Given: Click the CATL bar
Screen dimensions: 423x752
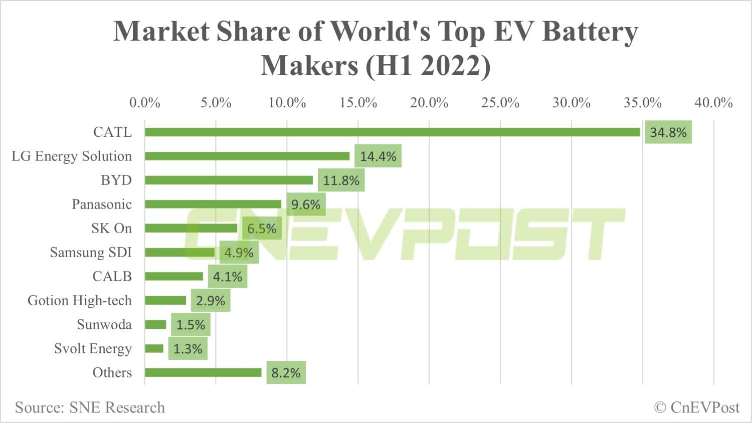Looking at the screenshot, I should (x=392, y=132).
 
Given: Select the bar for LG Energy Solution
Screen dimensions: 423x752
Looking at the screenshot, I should (x=247, y=156).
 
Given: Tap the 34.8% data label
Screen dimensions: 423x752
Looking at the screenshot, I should (x=668, y=132).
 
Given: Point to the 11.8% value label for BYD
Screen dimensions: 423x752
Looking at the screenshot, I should (x=341, y=180).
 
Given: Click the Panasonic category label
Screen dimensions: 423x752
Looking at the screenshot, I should (x=101, y=204).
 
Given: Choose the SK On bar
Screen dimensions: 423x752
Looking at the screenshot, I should (x=191, y=229).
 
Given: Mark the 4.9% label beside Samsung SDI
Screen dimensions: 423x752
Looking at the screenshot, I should (x=239, y=253).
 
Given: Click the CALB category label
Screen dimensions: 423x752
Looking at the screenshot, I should (x=112, y=277).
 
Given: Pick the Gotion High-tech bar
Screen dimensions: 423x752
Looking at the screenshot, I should (x=165, y=301).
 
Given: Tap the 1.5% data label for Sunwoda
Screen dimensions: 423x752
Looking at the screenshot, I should (x=191, y=325).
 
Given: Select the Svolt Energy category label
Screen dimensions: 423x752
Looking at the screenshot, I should (x=93, y=349).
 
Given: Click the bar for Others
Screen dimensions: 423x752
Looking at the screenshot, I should (x=203, y=373).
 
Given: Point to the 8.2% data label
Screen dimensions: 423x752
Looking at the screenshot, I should (x=286, y=373).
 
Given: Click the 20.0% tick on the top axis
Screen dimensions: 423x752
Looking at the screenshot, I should (x=429, y=103).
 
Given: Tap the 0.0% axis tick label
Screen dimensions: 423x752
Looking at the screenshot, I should (x=144, y=103).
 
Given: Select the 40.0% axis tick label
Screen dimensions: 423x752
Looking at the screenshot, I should (x=713, y=103).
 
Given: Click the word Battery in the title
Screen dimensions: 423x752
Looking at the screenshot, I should (x=590, y=31).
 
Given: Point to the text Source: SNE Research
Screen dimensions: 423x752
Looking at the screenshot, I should (x=90, y=407).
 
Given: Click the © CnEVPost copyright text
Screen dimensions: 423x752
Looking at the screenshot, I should (x=696, y=407).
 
